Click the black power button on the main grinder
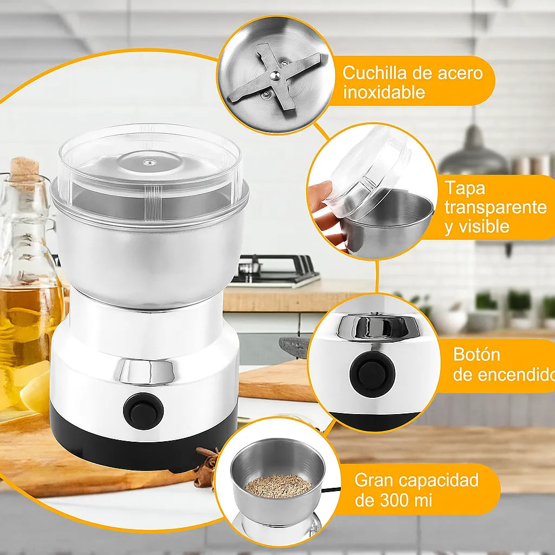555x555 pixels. click(x=143, y=411)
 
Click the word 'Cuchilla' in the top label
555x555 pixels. click(x=370, y=73)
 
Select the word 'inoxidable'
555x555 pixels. click(x=384, y=92)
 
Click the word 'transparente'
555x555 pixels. click(x=495, y=208)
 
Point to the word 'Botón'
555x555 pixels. click(x=476, y=354)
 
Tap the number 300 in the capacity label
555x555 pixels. click(x=395, y=500)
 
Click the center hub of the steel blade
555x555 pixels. click(x=275, y=75)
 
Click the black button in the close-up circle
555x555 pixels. click(x=372, y=373)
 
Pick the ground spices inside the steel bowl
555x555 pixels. click(x=279, y=485)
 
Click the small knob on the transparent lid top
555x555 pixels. click(x=150, y=163)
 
